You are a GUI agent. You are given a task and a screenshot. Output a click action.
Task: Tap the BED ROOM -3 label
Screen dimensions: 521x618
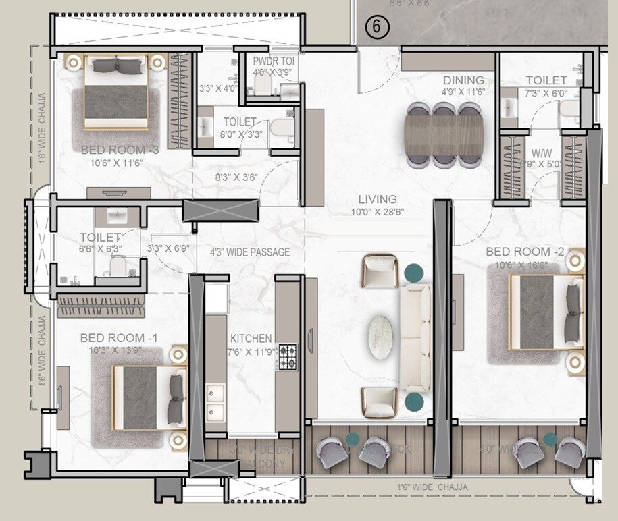120,150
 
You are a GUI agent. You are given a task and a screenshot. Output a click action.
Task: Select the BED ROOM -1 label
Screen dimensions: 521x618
112,337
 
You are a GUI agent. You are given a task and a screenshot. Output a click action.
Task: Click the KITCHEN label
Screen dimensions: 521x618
251,338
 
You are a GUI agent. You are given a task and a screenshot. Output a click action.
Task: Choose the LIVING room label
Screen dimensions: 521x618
377,199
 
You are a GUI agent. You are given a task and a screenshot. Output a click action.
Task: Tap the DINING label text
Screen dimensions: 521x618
463,81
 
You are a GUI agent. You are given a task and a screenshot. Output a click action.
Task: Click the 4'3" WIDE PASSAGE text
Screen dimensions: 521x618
250,252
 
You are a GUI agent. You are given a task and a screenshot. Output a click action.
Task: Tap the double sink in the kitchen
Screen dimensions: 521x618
215,403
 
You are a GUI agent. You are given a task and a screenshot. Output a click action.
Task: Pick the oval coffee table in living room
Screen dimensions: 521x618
384,334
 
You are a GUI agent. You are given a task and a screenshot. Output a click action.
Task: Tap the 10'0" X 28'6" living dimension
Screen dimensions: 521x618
378,212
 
